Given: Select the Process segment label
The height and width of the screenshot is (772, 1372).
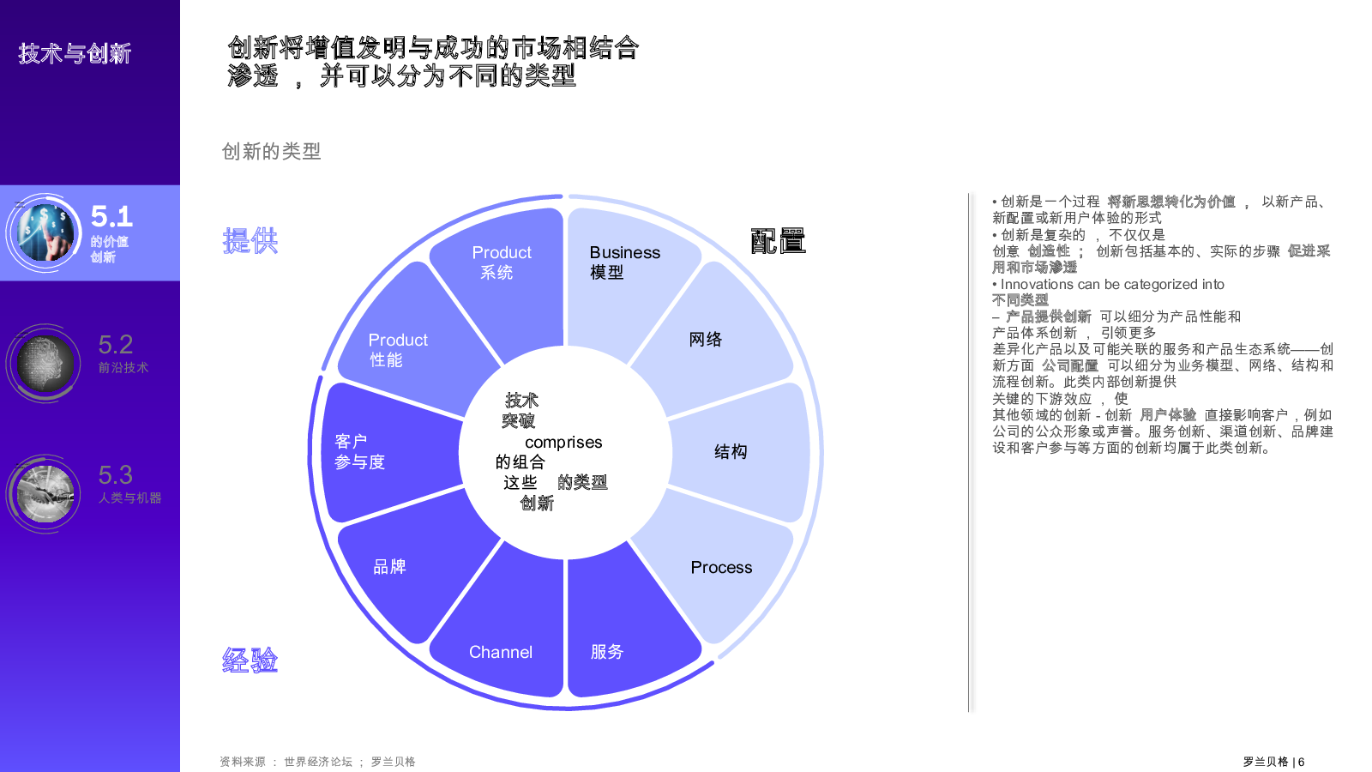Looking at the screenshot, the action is coord(721,567).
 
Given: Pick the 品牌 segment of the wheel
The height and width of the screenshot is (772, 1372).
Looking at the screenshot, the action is coord(411,570).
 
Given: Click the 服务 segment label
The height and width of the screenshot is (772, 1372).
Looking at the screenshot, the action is coord(606,651).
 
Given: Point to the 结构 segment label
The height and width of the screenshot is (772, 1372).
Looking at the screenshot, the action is coord(730,451).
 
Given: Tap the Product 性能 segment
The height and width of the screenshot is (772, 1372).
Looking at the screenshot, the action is coord(411,343).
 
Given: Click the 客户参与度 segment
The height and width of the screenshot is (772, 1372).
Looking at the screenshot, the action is coord(386,452).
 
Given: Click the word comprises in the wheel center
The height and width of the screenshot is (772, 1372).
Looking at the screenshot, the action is coord(563,443).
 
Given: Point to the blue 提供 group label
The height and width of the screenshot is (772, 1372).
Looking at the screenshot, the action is coord(250,241).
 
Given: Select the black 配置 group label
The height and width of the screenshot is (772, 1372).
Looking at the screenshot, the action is coord(778,241).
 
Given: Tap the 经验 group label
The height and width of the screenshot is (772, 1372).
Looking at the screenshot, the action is coord(250,660).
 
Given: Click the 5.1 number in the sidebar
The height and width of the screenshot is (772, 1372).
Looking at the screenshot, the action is coord(111,216).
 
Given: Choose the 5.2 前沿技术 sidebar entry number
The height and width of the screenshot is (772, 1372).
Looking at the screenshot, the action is coord(115,345).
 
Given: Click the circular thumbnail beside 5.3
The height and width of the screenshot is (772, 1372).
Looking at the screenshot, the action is coord(44,494).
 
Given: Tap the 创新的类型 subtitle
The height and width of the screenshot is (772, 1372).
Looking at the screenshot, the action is coord(271,151).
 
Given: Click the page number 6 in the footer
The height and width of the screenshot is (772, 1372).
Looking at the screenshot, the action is coord(1301,762).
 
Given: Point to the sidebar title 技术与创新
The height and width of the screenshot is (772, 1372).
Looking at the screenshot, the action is coord(75,54).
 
